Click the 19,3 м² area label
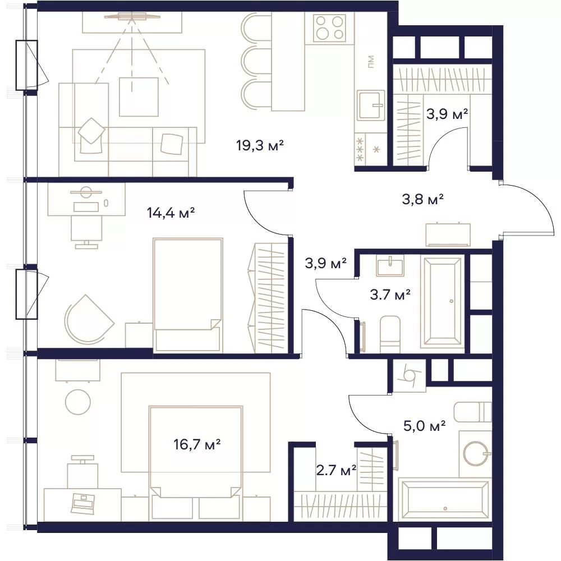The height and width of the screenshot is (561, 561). tap(260, 146)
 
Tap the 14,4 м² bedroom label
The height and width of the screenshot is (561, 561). tap(171, 213)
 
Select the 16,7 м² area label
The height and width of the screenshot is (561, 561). tap(197, 445)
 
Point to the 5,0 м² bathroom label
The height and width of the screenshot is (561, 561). tap(424, 426)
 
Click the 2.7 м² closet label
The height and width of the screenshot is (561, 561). tap(336, 470)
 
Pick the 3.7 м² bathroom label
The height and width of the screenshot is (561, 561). tap(390, 295)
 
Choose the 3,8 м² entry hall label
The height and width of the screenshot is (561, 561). tap(423, 199)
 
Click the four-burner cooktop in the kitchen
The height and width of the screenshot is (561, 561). tap(330, 28)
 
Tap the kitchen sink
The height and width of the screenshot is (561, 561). tap(371, 105)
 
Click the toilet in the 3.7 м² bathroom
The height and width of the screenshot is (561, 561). tap(390, 334)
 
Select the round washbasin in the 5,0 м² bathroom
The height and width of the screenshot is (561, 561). tap(476, 453)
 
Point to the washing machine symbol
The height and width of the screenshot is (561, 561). tap(410, 375)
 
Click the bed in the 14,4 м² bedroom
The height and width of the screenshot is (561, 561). tap(188, 295)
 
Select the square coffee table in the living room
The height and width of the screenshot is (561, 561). tap(139, 96)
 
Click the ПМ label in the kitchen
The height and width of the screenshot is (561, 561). tap(371, 62)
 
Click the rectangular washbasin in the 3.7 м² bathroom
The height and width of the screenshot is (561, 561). tap(390, 265)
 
